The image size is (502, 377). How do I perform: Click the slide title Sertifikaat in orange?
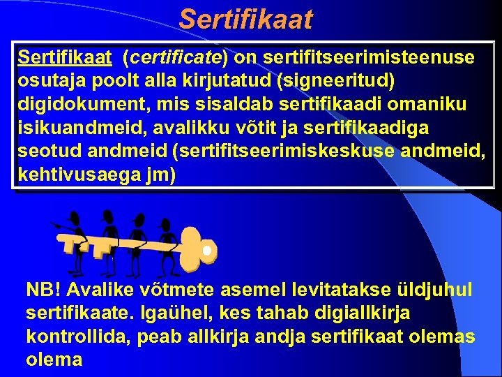click(x=245, y=19)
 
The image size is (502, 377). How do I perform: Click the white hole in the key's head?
click(x=206, y=249)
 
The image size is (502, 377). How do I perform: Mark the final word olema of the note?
click(x=54, y=360)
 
